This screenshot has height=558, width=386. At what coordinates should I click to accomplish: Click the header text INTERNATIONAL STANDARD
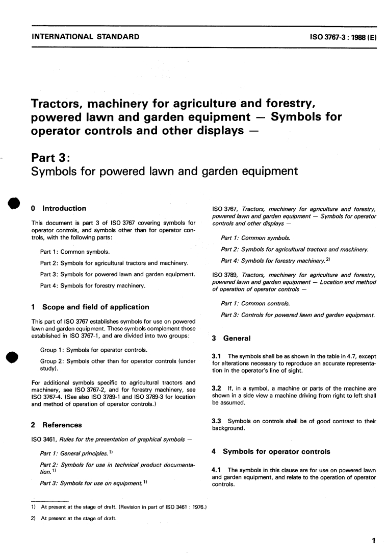[x=85, y=37]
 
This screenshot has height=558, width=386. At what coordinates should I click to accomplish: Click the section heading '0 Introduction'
[x=59, y=208]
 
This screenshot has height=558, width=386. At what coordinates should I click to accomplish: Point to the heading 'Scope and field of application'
[x=95, y=307]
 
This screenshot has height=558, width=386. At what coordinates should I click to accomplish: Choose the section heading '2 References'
[x=57, y=425]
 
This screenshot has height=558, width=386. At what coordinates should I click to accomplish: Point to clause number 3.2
[x=216, y=389]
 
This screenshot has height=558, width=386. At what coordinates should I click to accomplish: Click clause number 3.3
[x=216, y=421]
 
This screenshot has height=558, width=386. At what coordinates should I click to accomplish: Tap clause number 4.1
[x=216, y=470]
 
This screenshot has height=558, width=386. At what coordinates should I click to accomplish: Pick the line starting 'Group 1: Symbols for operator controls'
[x=94, y=350]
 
